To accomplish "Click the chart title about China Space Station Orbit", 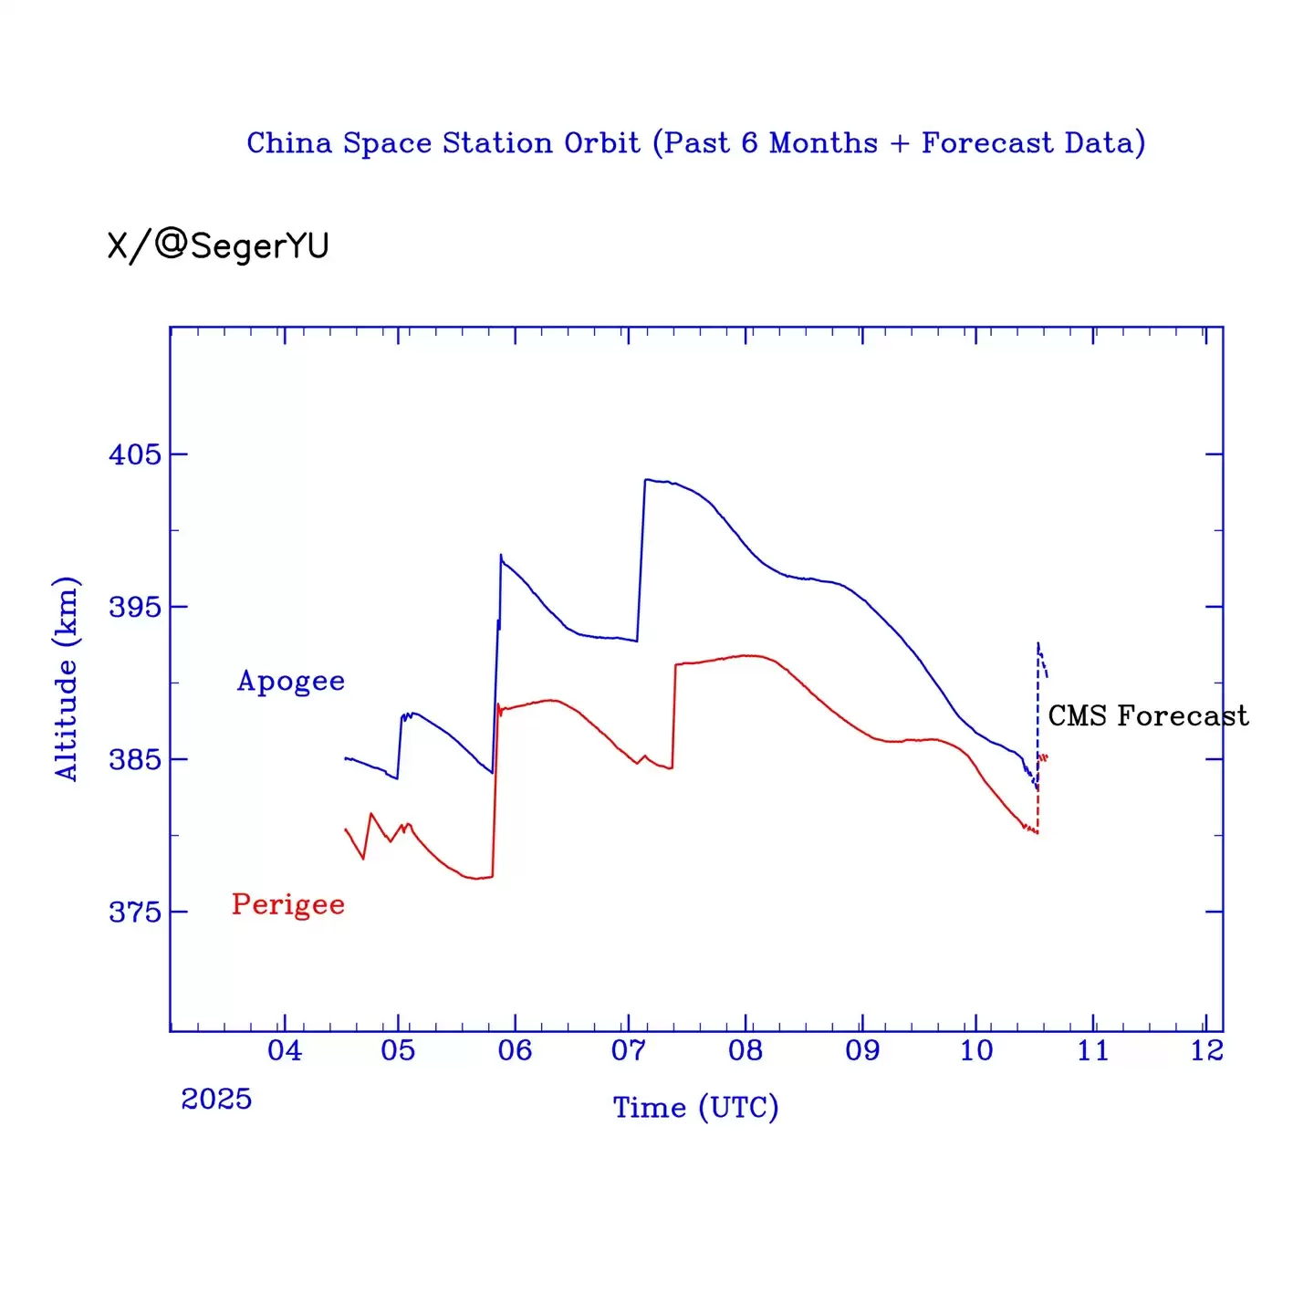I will (695, 143).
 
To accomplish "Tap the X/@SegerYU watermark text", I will (218, 245).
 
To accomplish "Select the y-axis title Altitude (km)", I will (67, 679).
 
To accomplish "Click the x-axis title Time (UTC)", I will (695, 1108).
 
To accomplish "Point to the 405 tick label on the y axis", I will (134, 454).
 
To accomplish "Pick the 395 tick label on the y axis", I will (134, 607).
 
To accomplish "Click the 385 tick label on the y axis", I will (134, 759).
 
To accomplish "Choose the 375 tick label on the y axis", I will (134, 912).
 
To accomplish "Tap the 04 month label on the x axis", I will (284, 1050).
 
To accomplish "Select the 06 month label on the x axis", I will (515, 1050).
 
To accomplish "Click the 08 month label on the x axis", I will (746, 1050).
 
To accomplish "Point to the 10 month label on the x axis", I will (976, 1050).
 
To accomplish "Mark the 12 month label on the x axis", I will (1206, 1050).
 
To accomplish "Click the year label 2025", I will (216, 1100).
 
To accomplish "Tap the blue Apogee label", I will (291, 682).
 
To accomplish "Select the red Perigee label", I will (288, 904).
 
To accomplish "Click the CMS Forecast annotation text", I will (1148, 716).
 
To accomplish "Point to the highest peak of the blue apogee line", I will (646, 479).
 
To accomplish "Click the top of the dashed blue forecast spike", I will (1038, 643).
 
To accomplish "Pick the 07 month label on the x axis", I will (628, 1050).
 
